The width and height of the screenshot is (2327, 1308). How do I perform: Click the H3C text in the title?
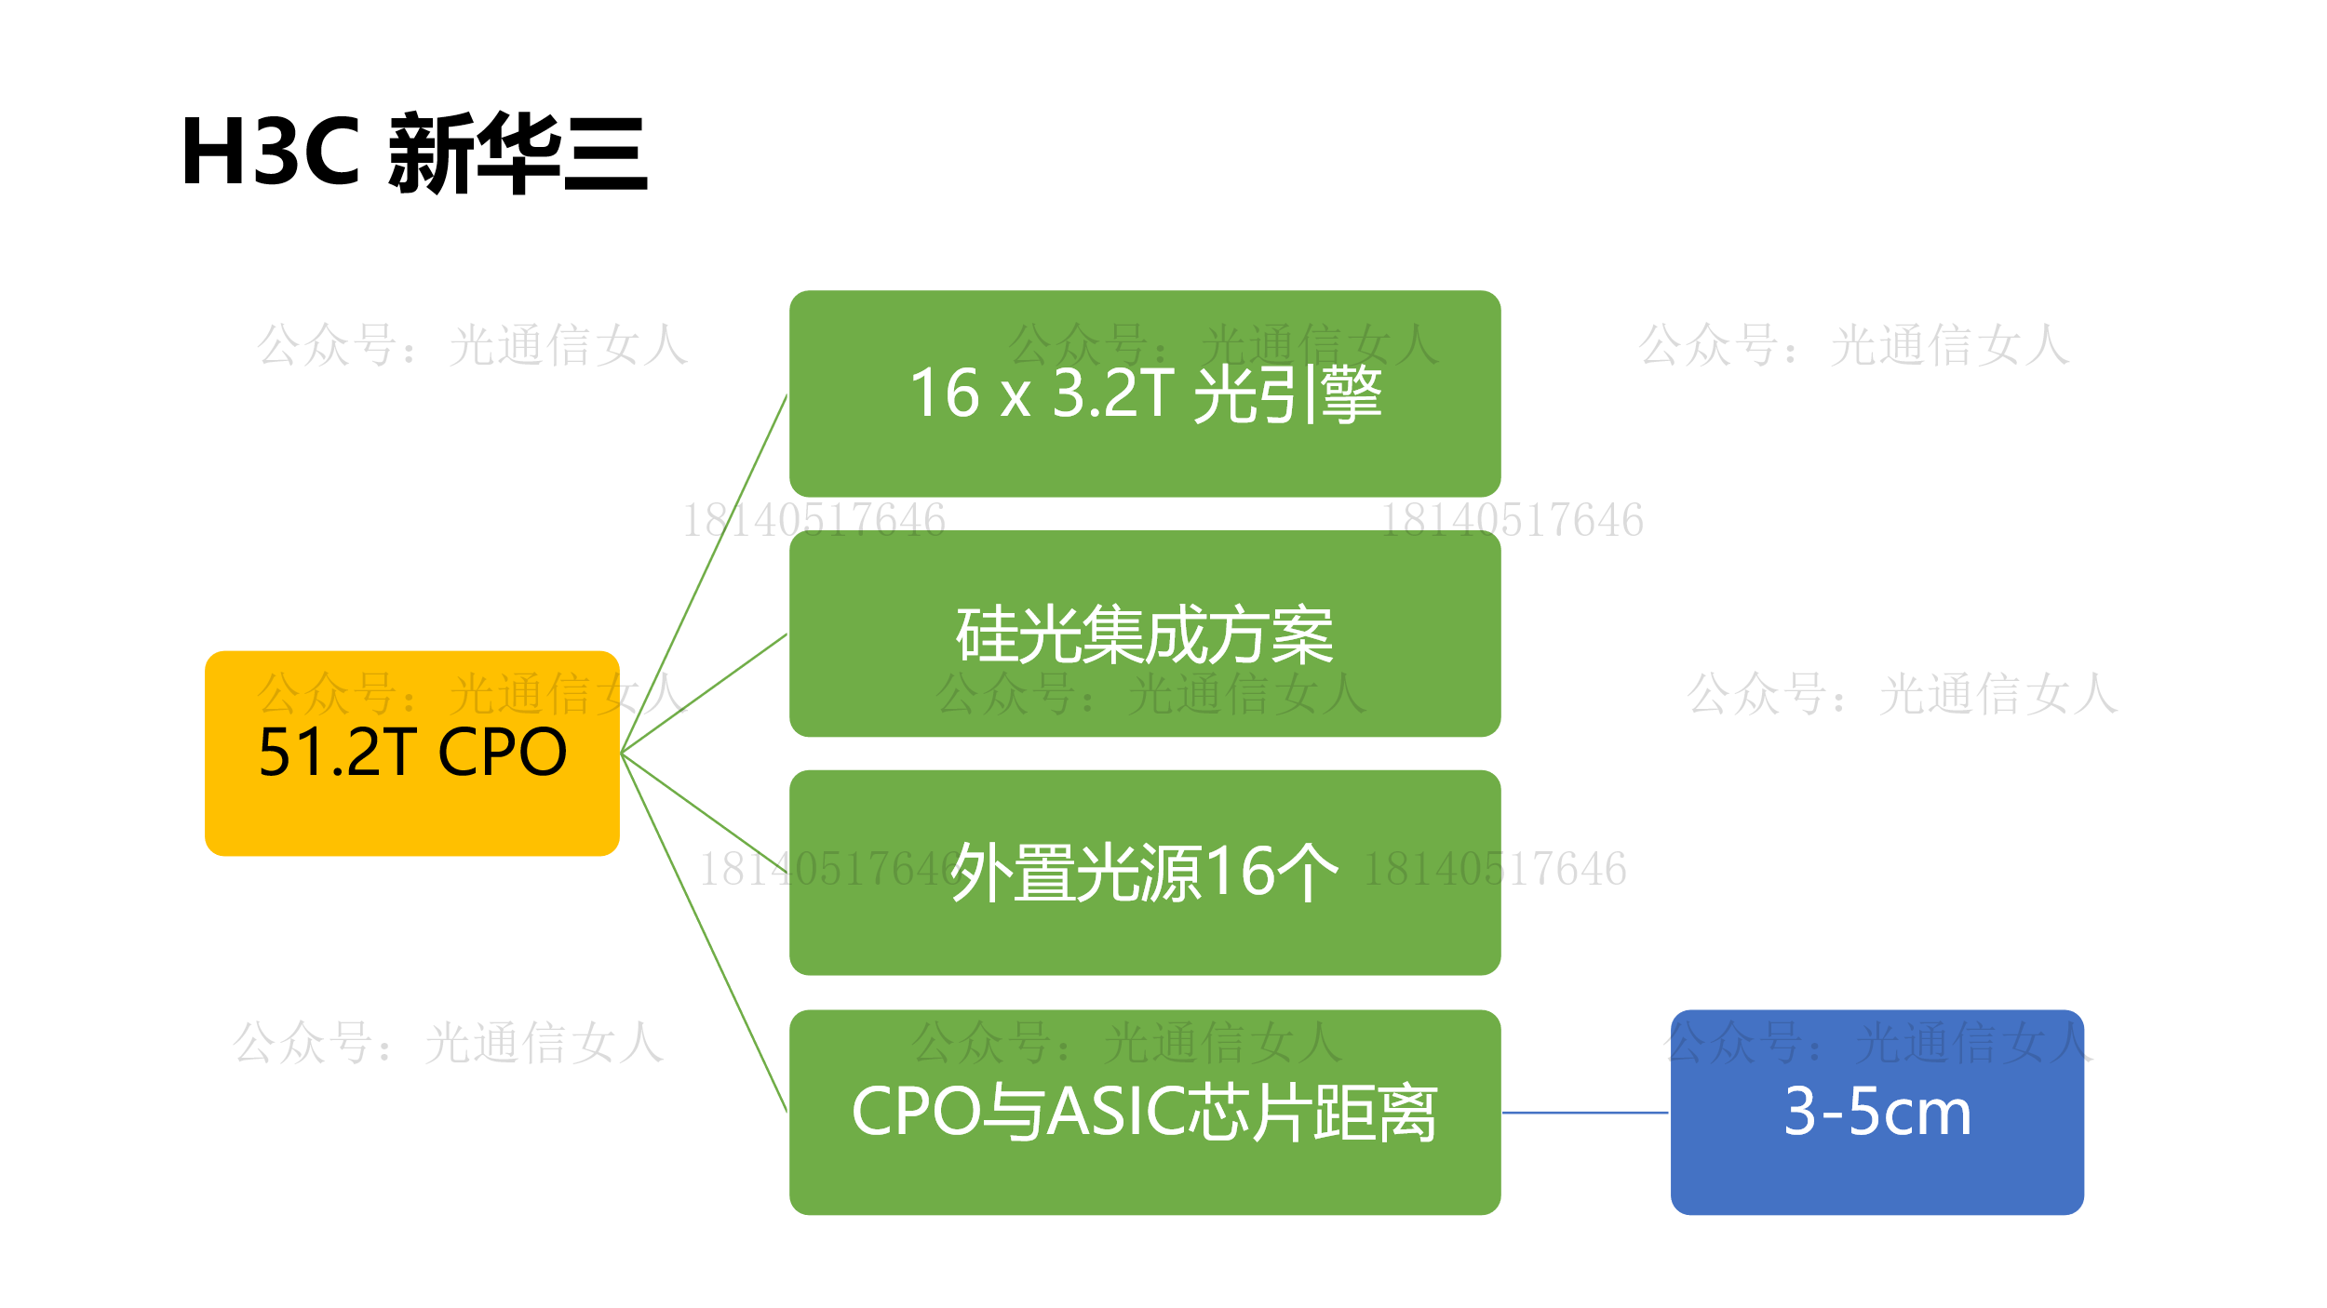point(271,152)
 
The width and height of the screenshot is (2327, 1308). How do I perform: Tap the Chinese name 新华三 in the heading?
point(518,153)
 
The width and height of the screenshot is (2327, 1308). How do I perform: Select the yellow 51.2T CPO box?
point(412,753)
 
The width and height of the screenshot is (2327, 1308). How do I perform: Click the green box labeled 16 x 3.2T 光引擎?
point(1145,394)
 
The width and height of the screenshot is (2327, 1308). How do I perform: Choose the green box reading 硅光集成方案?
point(1145,634)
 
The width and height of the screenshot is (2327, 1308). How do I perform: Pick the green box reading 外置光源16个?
point(1145,873)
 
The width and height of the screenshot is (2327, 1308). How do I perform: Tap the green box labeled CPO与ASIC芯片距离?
point(1145,1112)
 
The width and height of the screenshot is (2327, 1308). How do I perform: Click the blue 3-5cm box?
point(1877,1112)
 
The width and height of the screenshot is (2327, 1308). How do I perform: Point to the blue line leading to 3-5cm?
point(1585,1112)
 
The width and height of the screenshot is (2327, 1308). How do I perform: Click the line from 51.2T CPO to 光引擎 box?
point(704,574)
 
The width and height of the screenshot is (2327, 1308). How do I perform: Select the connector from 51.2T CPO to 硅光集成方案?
point(704,693)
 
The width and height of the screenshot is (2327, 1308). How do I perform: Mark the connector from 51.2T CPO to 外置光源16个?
point(704,813)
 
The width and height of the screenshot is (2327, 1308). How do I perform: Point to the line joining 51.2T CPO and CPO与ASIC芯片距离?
point(704,932)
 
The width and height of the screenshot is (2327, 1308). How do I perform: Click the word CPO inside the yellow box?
point(502,753)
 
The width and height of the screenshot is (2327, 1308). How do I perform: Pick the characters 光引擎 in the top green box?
point(1287,394)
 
